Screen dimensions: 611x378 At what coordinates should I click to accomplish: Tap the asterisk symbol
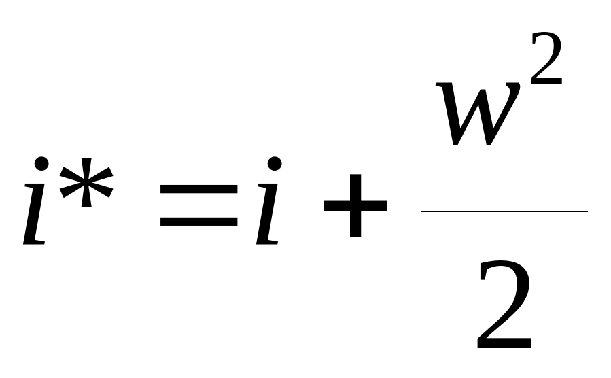(x=86, y=182)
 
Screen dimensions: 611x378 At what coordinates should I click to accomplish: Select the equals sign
(x=198, y=205)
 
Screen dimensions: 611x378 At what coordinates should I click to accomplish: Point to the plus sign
(x=355, y=205)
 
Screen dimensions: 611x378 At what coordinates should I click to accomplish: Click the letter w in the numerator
(x=478, y=114)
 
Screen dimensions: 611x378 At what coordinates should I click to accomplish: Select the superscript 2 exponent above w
(x=546, y=58)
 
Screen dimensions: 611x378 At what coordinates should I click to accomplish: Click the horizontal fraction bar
(x=504, y=211)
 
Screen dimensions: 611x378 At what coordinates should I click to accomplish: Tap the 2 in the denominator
(x=504, y=305)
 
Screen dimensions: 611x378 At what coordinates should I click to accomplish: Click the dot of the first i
(x=41, y=164)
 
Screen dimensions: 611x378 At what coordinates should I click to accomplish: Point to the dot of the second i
(x=275, y=164)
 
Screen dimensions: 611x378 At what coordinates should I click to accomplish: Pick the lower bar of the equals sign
(x=198, y=221)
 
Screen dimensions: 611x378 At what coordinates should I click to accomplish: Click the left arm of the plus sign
(x=337, y=205)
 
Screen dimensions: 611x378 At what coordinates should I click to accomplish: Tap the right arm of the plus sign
(x=374, y=205)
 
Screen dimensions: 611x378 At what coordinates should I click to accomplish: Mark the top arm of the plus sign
(x=355, y=187)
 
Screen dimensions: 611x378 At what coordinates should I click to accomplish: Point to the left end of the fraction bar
(x=421, y=211)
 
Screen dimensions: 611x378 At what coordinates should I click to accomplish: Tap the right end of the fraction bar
(x=587, y=211)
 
